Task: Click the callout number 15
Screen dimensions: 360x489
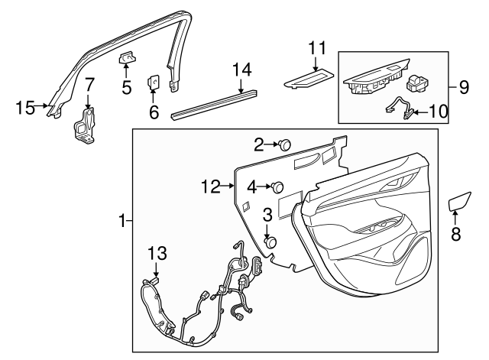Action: click(x=25, y=107)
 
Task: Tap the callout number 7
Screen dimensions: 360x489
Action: click(x=89, y=84)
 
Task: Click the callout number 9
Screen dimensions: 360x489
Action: click(x=464, y=86)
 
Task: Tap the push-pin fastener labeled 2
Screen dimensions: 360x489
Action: click(x=286, y=143)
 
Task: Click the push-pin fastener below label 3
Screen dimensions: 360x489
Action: click(x=270, y=242)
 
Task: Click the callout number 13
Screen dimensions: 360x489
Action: click(x=156, y=252)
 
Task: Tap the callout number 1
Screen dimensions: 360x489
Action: click(x=121, y=222)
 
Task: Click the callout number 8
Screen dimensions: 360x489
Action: click(x=456, y=235)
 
